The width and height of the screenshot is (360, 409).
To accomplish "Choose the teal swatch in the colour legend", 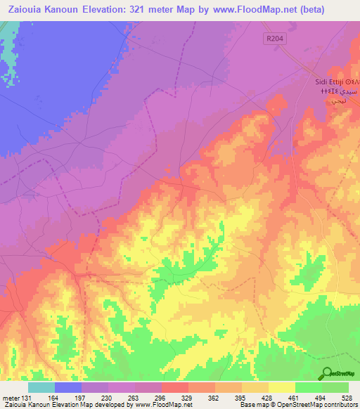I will coord(41,387).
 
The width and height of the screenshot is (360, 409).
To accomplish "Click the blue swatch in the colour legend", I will coord(68,387).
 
